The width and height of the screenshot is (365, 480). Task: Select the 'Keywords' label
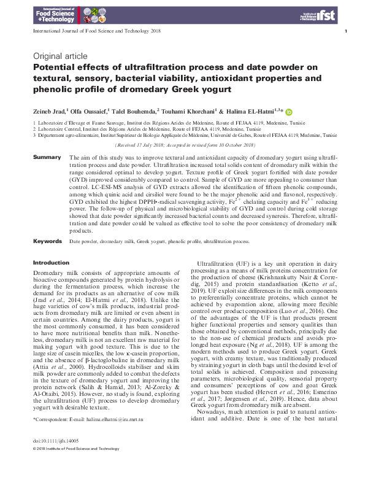47,242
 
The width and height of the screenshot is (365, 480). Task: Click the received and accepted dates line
185,145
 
